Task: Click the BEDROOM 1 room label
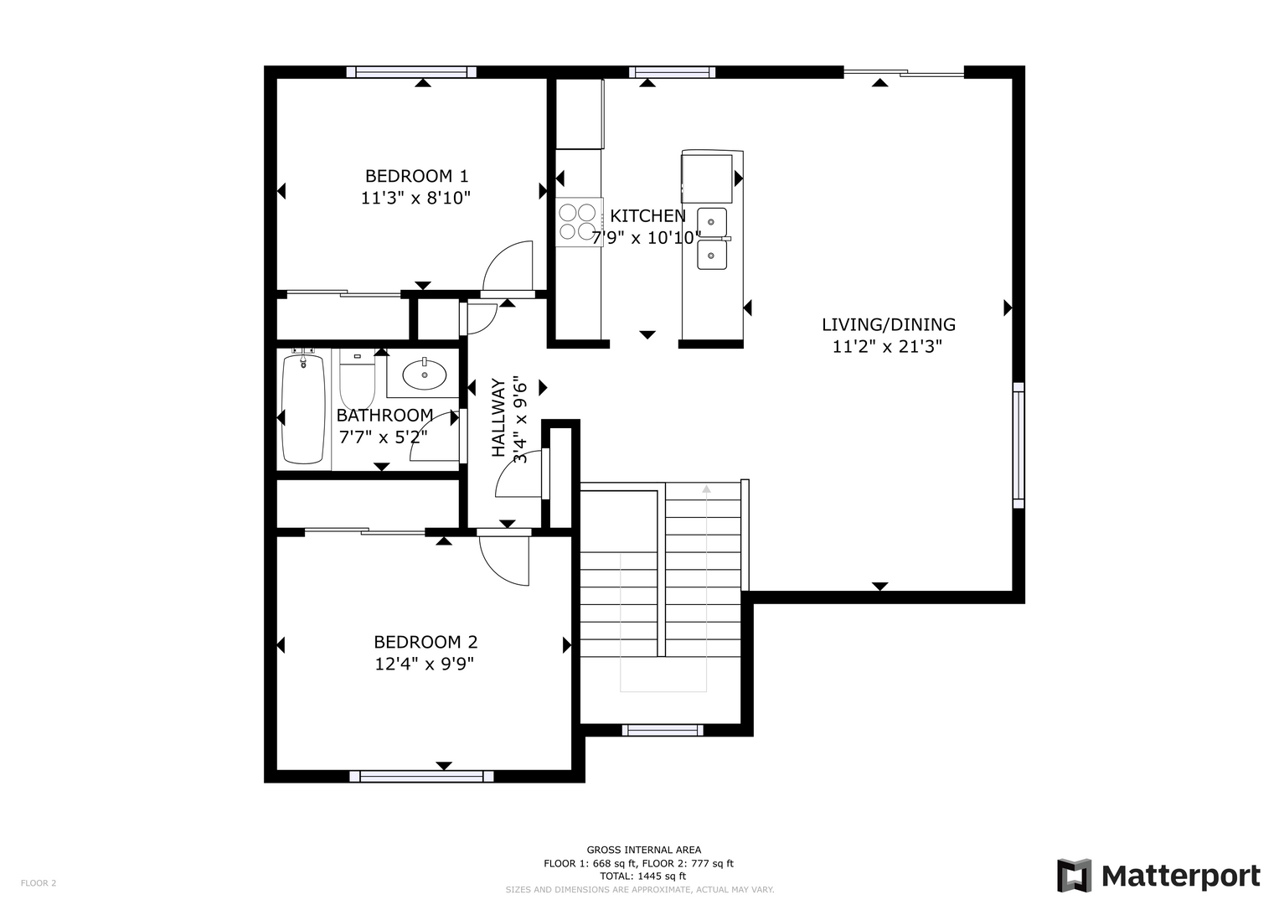point(417,175)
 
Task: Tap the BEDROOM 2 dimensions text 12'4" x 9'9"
point(425,665)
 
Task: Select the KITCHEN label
point(648,216)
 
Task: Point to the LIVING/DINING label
point(889,324)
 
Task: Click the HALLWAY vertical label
point(498,417)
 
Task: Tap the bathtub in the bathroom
point(303,409)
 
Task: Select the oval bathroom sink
point(425,375)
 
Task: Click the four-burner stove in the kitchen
point(577,222)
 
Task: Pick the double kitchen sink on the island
point(712,239)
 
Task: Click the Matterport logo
point(1158,876)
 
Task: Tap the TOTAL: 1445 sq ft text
point(643,876)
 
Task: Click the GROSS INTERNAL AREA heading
point(644,850)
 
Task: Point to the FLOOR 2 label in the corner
point(39,882)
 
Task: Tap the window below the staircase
point(663,730)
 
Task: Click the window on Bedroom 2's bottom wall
point(421,776)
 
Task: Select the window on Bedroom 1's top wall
point(411,72)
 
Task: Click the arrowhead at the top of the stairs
point(706,489)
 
